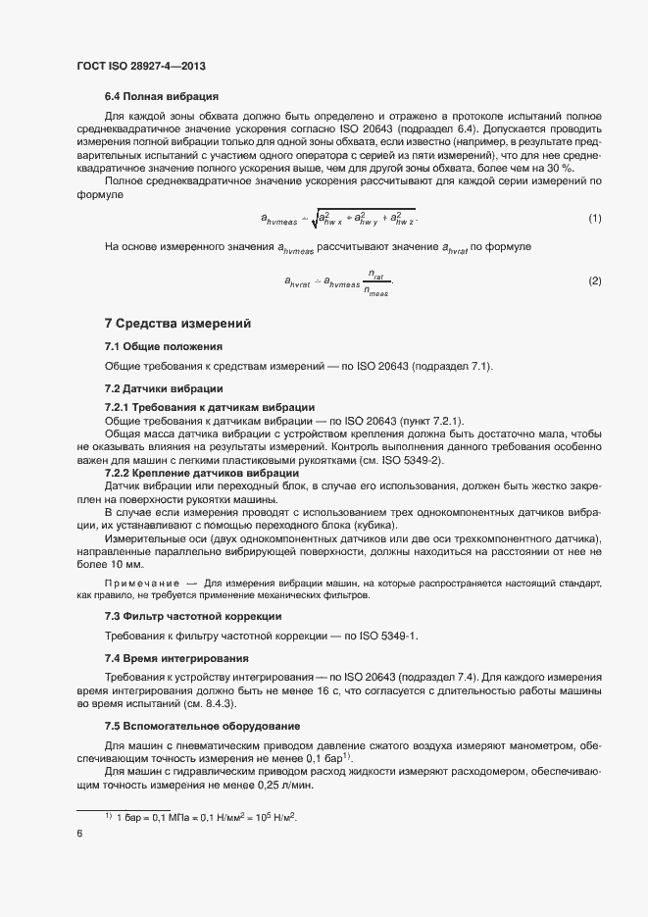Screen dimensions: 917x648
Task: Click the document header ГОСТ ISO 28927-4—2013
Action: point(141,66)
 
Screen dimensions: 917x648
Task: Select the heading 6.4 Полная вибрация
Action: point(161,96)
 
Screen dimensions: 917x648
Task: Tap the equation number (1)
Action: point(594,217)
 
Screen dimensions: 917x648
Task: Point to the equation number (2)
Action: point(594,281)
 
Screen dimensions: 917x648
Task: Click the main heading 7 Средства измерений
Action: point(177,324)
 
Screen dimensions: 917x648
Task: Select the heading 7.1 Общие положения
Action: point(164,346)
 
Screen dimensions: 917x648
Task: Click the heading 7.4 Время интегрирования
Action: point(176,657)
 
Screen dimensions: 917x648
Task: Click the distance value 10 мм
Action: point(128,565)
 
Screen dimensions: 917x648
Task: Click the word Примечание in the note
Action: point(140,583)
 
